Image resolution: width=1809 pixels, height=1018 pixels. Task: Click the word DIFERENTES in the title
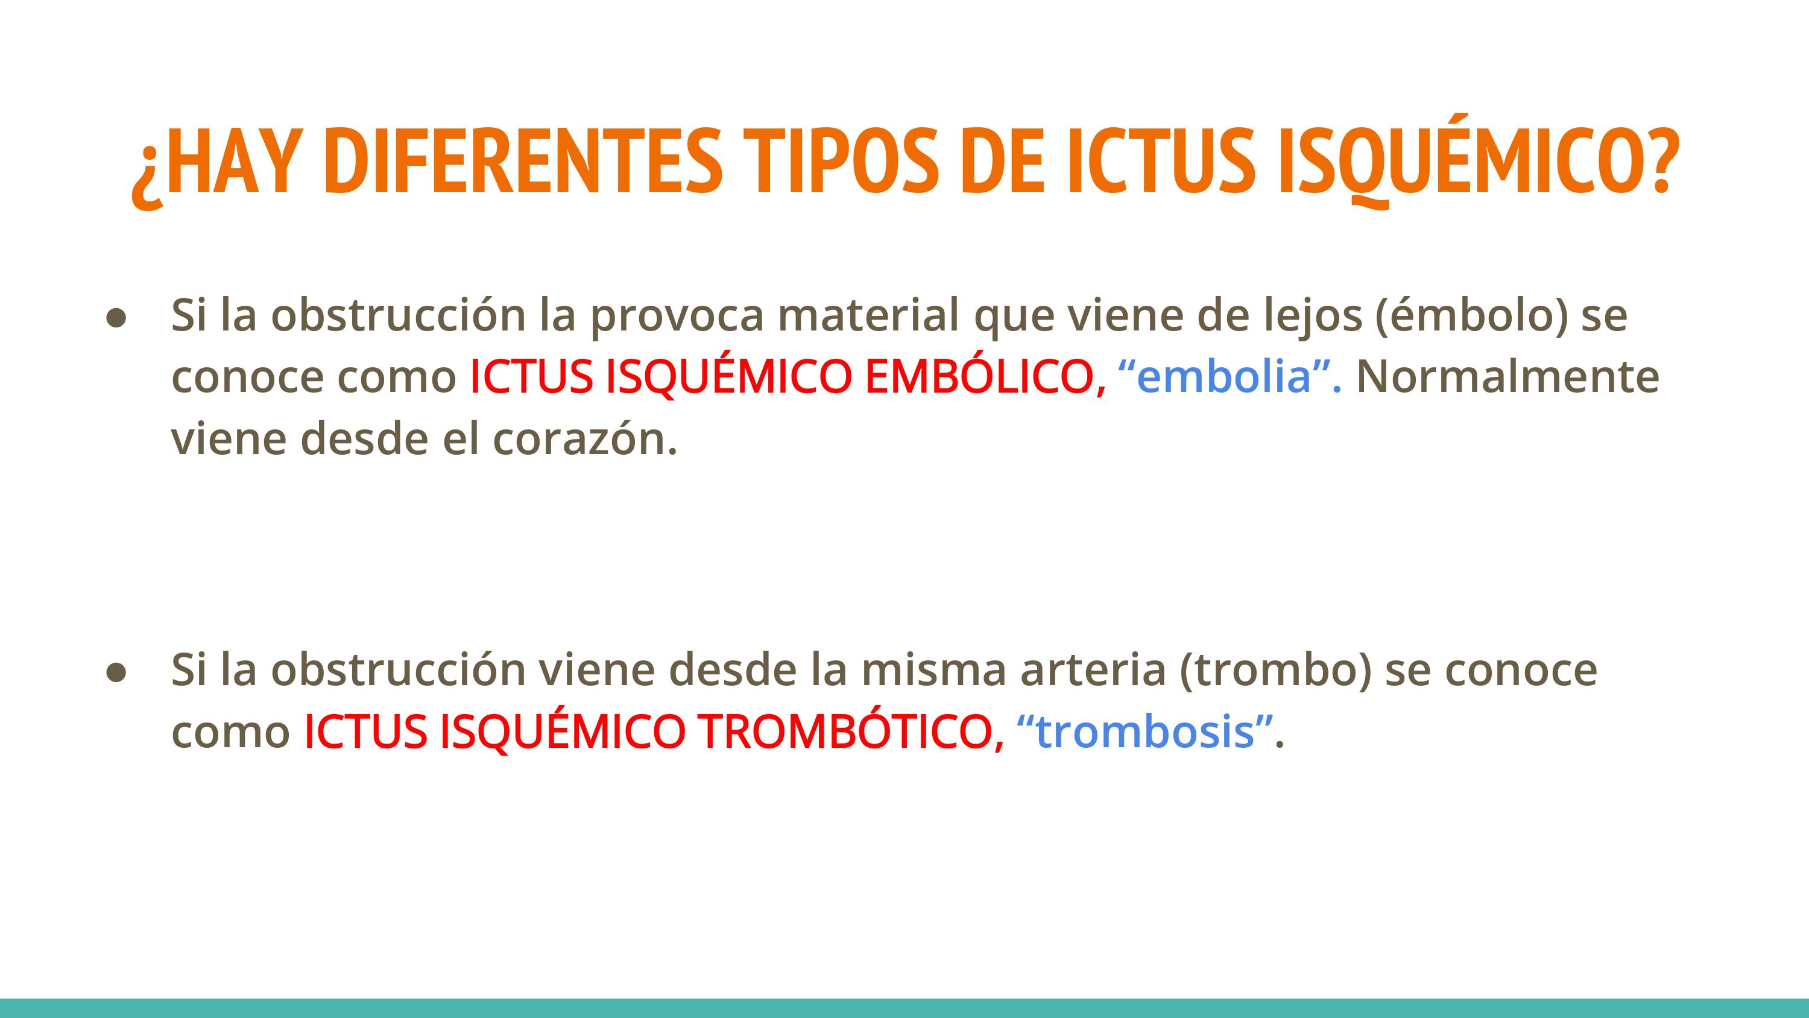523,161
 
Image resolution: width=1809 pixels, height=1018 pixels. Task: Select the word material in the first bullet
869,314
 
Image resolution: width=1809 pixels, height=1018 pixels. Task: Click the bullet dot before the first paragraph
116,318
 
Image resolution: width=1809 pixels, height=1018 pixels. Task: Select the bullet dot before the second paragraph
116,672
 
